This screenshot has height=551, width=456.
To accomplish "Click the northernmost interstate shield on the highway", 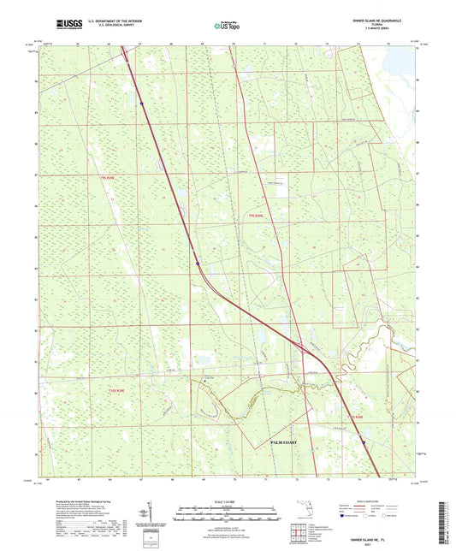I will (x=141, y=103).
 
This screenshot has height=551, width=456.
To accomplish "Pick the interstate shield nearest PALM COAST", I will (x=363, y=442).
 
